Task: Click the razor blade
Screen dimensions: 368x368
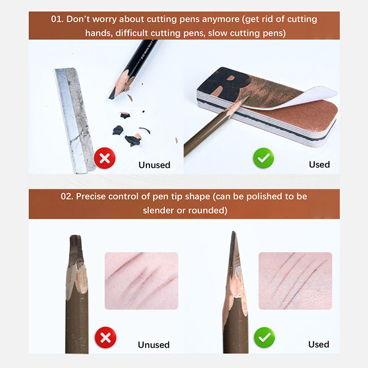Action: (x=75, y=121)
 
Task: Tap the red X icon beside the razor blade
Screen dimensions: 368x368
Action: (x=105, y=158)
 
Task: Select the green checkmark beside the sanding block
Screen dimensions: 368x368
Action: (x=264, y=158)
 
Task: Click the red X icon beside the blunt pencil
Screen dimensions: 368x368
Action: (x=105, y=338)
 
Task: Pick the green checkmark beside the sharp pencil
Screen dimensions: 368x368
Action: (x=264, y=338)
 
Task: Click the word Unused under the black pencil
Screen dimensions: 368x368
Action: (x=154, y=165)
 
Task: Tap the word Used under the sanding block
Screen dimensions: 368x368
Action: (x=319, y=165)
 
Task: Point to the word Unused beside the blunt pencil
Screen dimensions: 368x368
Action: (x=154, y=345)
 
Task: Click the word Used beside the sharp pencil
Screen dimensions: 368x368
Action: (x=319, y=344)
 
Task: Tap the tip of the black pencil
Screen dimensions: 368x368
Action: (x=110, y=98)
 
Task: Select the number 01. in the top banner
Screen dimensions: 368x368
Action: (x=57, y=19)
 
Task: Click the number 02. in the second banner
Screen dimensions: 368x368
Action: (x=67, y=196)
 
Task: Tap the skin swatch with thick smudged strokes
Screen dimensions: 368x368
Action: (x=141, y=281)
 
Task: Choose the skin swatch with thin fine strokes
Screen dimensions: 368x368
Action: (x=295, y=281)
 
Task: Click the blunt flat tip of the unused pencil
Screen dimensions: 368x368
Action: (x=75, y=236)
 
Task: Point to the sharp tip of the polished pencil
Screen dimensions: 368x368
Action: (x=233, y=232)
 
